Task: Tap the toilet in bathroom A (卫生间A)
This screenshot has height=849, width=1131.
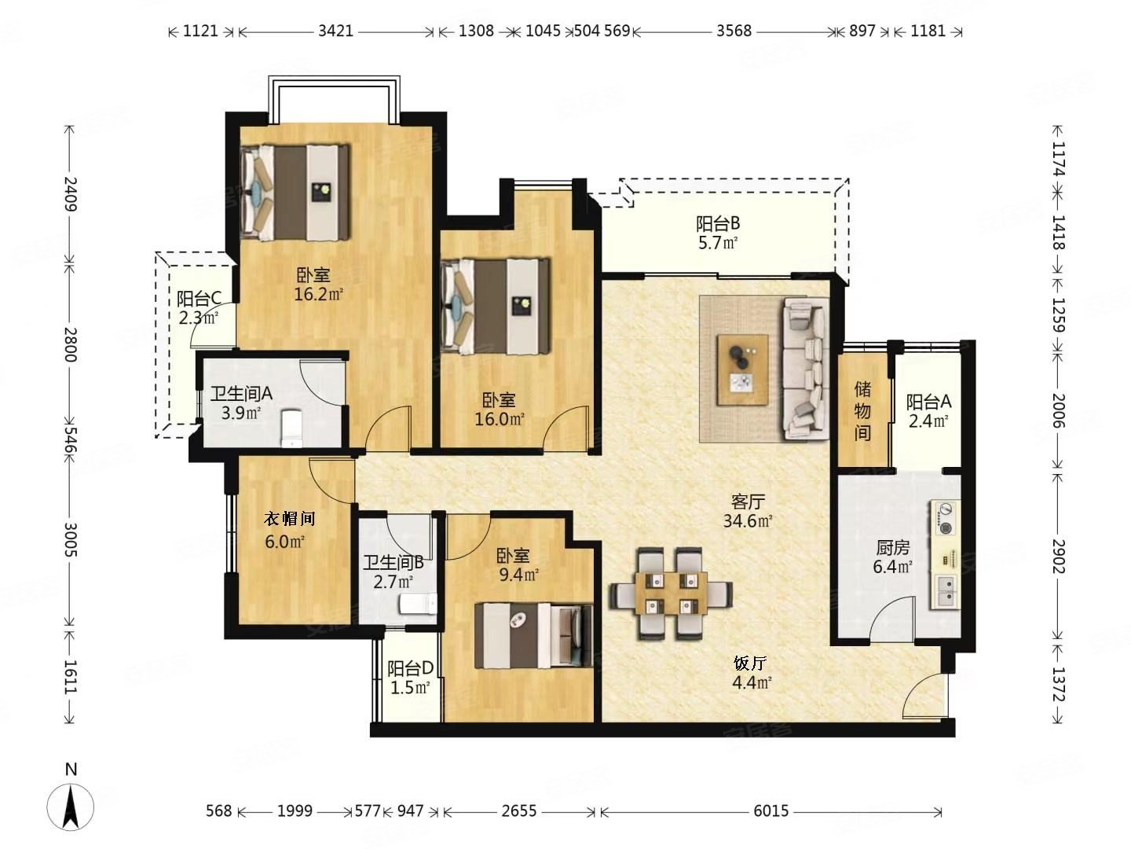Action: (x=291, y=428)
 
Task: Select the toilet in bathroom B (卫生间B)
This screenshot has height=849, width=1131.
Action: (x=418, y=604)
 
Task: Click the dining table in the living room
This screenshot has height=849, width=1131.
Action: (x=671, y=594)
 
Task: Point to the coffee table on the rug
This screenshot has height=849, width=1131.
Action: (x=742, y=369)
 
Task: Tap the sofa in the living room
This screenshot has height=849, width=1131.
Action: (x=805, y=369)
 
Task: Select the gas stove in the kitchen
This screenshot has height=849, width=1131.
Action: (x=946, y=519)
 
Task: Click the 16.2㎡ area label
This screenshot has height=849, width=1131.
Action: (x=318, y=294)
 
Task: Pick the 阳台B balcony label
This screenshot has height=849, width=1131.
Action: (x=718, y=224)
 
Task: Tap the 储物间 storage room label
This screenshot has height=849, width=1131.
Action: (x=862, y=411)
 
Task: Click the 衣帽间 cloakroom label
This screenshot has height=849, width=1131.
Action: (x=289, y=518)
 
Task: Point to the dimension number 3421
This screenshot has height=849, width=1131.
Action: (x=335, y=31)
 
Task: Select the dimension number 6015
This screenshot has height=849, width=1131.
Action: (x=770, y=810)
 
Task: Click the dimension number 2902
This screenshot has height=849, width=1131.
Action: (x=1058, y=557)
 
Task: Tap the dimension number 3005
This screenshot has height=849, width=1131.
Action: (x=70, y=540)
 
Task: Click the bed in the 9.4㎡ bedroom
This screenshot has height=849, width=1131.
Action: (x=533, y=635)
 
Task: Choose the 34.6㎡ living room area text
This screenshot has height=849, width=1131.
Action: (x=748, y=521)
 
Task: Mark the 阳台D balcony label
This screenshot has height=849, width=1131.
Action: (x=410, y=668)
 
